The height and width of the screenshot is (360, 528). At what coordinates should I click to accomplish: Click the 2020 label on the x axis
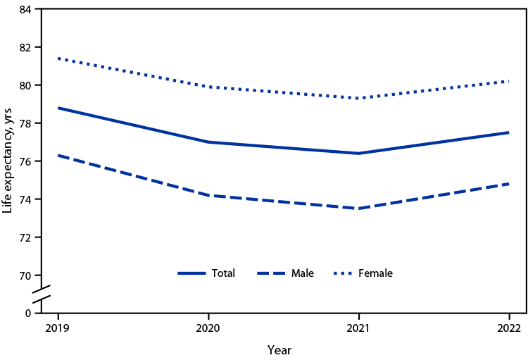tap(208, 328)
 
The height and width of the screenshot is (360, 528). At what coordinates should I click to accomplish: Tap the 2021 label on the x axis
tap(358, 328)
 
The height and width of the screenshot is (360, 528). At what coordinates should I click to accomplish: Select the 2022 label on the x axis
tap(508, 328)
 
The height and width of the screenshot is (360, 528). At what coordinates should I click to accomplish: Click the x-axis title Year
tap(279, 349)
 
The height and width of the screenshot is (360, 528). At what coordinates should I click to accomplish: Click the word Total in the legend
tap(223, 273)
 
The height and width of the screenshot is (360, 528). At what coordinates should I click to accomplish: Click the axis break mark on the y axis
tap(42, 294)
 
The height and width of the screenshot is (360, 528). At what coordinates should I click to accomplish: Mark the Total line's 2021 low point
tap(358, 153)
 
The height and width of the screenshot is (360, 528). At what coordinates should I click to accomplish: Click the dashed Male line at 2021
tap(358, 209)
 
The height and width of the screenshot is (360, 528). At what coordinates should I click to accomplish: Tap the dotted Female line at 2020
tap(208, 87)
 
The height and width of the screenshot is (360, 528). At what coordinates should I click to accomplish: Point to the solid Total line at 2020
tap(208, 142)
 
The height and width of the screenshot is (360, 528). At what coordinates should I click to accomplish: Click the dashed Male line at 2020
tap(208, 195)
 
